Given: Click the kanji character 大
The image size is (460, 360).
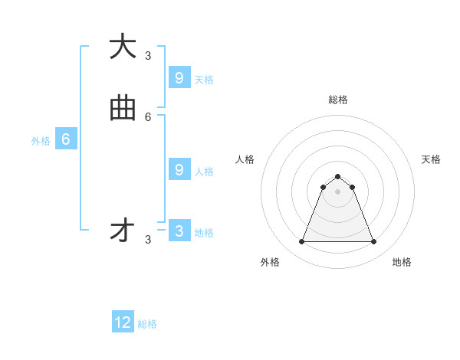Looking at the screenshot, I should point(123,47).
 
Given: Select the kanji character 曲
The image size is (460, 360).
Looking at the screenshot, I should point(123,110).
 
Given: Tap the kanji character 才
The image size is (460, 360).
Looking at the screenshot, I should point(123,231).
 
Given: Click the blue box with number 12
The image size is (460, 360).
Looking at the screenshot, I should point(123,322).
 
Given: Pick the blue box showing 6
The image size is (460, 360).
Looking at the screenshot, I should point(66,139).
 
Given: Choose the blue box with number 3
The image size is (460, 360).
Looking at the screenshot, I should point(179,231).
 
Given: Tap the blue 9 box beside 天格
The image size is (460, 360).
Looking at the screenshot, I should point(179,78).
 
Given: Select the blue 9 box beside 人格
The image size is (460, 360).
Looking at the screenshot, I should point(179,170).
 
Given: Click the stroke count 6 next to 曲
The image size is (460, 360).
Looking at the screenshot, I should point(148,117).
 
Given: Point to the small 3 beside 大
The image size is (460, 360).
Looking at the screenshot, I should point(148,55).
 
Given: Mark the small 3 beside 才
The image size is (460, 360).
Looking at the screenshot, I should point(148,240).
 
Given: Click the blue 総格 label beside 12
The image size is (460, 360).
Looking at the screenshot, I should point(147,324).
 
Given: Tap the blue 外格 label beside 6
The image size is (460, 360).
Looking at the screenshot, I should point(41,141).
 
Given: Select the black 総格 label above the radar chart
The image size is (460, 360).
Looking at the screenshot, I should point(338,100).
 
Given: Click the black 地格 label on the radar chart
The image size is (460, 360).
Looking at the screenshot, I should point(402,262).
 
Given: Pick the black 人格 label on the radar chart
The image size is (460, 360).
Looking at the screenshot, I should point(245,159).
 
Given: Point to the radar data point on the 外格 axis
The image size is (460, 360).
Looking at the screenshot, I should point(301,242).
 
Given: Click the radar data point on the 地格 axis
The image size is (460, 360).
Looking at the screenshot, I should point(373,242).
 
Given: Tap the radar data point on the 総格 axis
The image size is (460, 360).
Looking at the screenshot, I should point(337,176).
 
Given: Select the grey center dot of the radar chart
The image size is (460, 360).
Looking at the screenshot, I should point(337,191).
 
